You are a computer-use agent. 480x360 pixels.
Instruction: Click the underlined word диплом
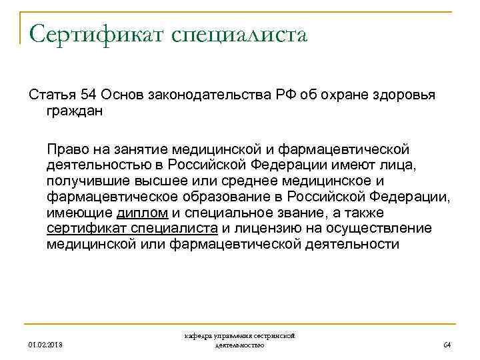(142, 213)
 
